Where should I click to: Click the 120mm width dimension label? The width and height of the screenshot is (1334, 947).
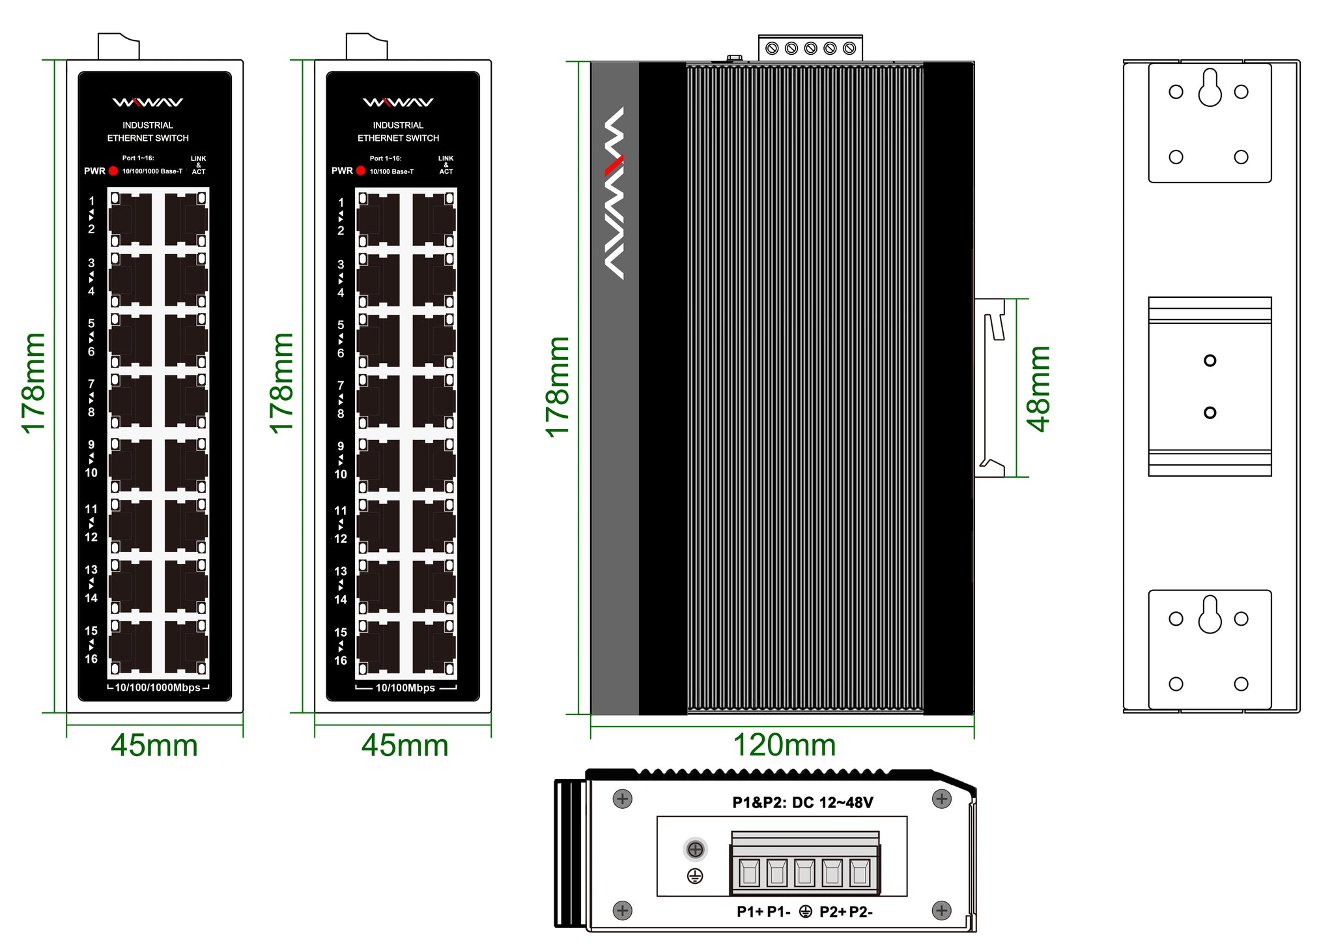pos(784,745)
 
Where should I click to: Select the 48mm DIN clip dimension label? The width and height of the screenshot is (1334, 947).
pos(1038,389)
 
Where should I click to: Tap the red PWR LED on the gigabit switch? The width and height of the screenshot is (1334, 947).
pos(113,171)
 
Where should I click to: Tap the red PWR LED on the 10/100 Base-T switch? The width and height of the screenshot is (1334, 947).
pos(361,171)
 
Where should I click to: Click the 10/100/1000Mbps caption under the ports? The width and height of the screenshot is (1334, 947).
pos(158,688)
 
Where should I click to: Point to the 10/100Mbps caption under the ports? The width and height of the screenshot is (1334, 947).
pos(405,688)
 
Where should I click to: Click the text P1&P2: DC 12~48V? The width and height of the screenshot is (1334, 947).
pos(802,802)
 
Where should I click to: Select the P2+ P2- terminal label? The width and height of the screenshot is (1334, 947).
pos(845,912)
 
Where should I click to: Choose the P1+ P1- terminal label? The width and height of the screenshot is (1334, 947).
pos(763,912)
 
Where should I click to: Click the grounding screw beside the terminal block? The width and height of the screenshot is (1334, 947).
pos(696,849)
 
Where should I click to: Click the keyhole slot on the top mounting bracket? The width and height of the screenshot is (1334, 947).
pos(1210,89)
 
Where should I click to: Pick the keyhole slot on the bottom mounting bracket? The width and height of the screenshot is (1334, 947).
pos(1210,615)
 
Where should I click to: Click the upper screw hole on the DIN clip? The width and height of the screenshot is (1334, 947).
pos(1210,360)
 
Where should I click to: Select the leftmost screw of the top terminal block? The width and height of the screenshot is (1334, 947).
pos(773,48)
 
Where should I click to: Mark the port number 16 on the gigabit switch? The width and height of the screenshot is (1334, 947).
pos(91,659)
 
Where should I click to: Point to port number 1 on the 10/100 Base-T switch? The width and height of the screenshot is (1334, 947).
pos(341,203)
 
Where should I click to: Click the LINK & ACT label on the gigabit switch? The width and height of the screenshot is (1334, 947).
pos(199,165)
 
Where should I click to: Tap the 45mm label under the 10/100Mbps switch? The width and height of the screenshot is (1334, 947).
pos(405,745)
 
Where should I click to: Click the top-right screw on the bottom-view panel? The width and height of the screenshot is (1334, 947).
pos(942,798)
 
